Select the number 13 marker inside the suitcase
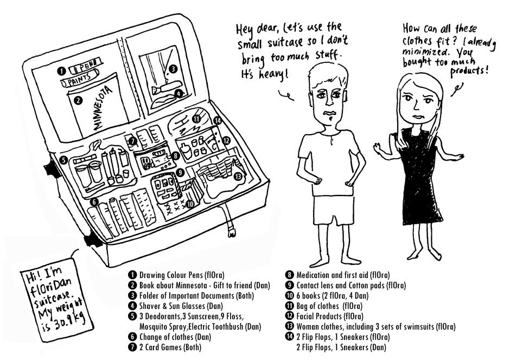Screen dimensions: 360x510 (238, 176)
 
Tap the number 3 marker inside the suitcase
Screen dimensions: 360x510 (173, 69)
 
